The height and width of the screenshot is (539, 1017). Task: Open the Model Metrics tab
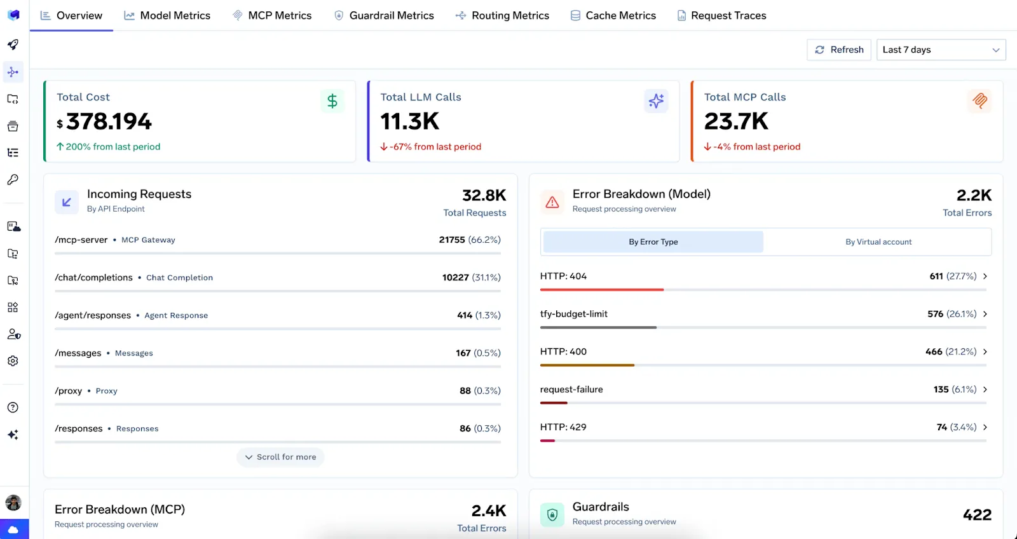pyautogui.click(x=167, y=15)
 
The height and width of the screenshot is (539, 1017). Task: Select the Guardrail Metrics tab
pyautogui.click(x=384, y=15)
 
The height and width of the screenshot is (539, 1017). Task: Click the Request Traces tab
pyautogui.click(x=721, y=15)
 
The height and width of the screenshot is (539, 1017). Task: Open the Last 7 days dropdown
pyautogui.click(x=941, y=50)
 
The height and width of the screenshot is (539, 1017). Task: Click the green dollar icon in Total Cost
pyautogui.click(x=332, y=101)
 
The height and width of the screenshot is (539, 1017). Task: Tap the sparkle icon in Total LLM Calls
pyautogui.click(x=656, y=101)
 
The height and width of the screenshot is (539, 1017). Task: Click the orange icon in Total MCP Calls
pyautogui.click(x=979, y=101)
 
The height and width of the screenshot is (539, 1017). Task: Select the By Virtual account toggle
pyautogui.click(x=878, y=242)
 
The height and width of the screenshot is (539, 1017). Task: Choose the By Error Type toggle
pyautogui.click(x=653, y=242)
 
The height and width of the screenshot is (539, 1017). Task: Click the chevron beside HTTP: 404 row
pyautogui.click(x=985, y=276)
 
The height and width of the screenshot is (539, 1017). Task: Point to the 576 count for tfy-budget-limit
pyautogui.click(x=935, y=314)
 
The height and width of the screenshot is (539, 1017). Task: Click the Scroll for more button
pyautogui.click(x=280, y=457)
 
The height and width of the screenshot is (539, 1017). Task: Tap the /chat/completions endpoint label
pyautogui.click(x=93, y=278)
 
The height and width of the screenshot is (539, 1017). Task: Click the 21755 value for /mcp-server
pyautogui.click(x=452, y=240)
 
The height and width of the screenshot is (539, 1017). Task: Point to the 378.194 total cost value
pyautogui.click(x=109, y=121)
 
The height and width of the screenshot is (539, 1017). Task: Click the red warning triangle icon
pyautogui.click(x=552, y=202)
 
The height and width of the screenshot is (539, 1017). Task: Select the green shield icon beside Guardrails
pyautogui.click(x=552, y=515)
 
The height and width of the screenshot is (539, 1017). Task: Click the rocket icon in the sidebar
pyautogui.click(x=13, y=44)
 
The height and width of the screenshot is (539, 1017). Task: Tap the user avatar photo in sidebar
pyautogui.click(x=13, y=503)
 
